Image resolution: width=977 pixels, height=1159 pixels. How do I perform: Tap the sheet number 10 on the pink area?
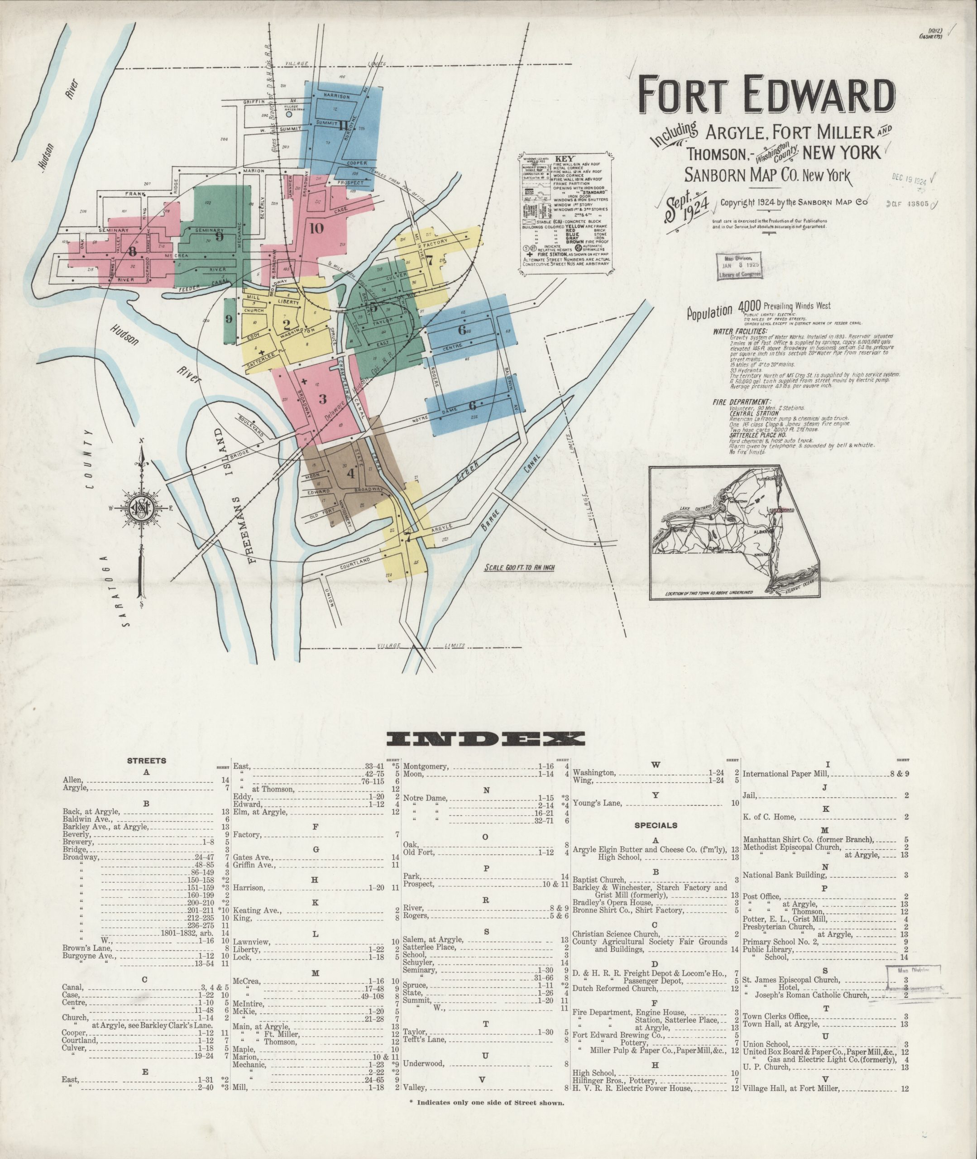[316, 228]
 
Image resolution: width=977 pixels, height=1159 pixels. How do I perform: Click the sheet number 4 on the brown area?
[350, 474]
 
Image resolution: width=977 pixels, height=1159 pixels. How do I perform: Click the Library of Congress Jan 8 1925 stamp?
[739, 265]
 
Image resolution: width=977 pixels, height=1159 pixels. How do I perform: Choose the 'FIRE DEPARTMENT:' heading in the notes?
[734, 402]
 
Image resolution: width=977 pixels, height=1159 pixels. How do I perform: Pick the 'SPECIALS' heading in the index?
[656, 825]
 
